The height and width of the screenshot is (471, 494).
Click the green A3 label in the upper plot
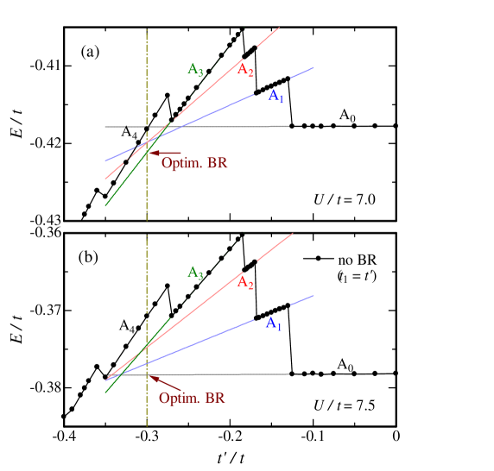[x=195, y=70]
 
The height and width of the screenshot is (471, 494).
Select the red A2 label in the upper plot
[x=245, y=70]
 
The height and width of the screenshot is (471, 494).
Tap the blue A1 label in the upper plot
[x=275, y=95]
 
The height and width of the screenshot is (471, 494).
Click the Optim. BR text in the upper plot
[x=194, y=162]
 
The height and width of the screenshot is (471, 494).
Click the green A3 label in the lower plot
[x=195, y=273]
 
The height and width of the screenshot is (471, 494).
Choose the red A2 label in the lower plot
[x=245, y=282]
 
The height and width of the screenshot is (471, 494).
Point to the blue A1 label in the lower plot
[x=273, y=323]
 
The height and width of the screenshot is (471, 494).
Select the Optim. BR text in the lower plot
[x=192, y=398]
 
